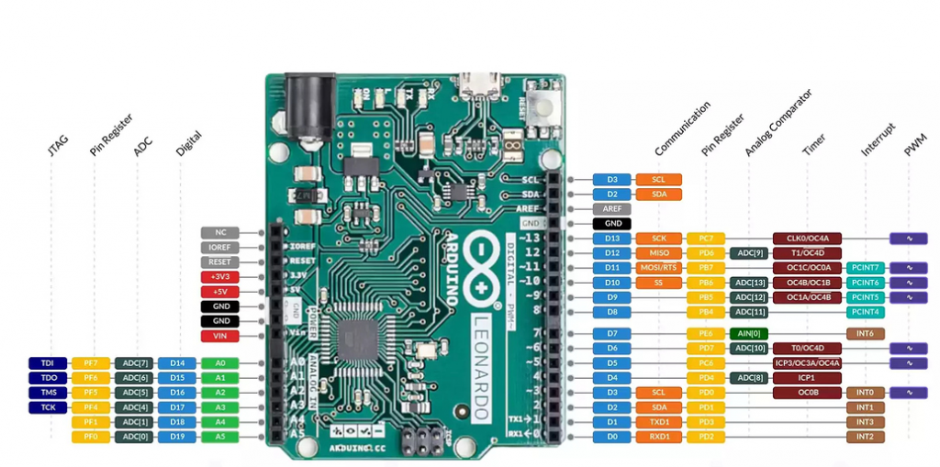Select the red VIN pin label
click(x=220, y=336)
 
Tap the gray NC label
click(x=220, y=232)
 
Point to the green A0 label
click(x=220, y=363)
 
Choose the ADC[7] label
click(x=133, y=363)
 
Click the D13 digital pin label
click(x=611, y=239)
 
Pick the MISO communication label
click(x=659, y=253)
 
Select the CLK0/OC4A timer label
click(x=808, y=239)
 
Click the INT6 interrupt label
click(x=865, y=333)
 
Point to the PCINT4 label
click(x=865, y=312)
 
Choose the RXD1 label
click(x=659, y=437)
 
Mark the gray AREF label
click(x=611, y=208)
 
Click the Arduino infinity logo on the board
click(x=481, y=262)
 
